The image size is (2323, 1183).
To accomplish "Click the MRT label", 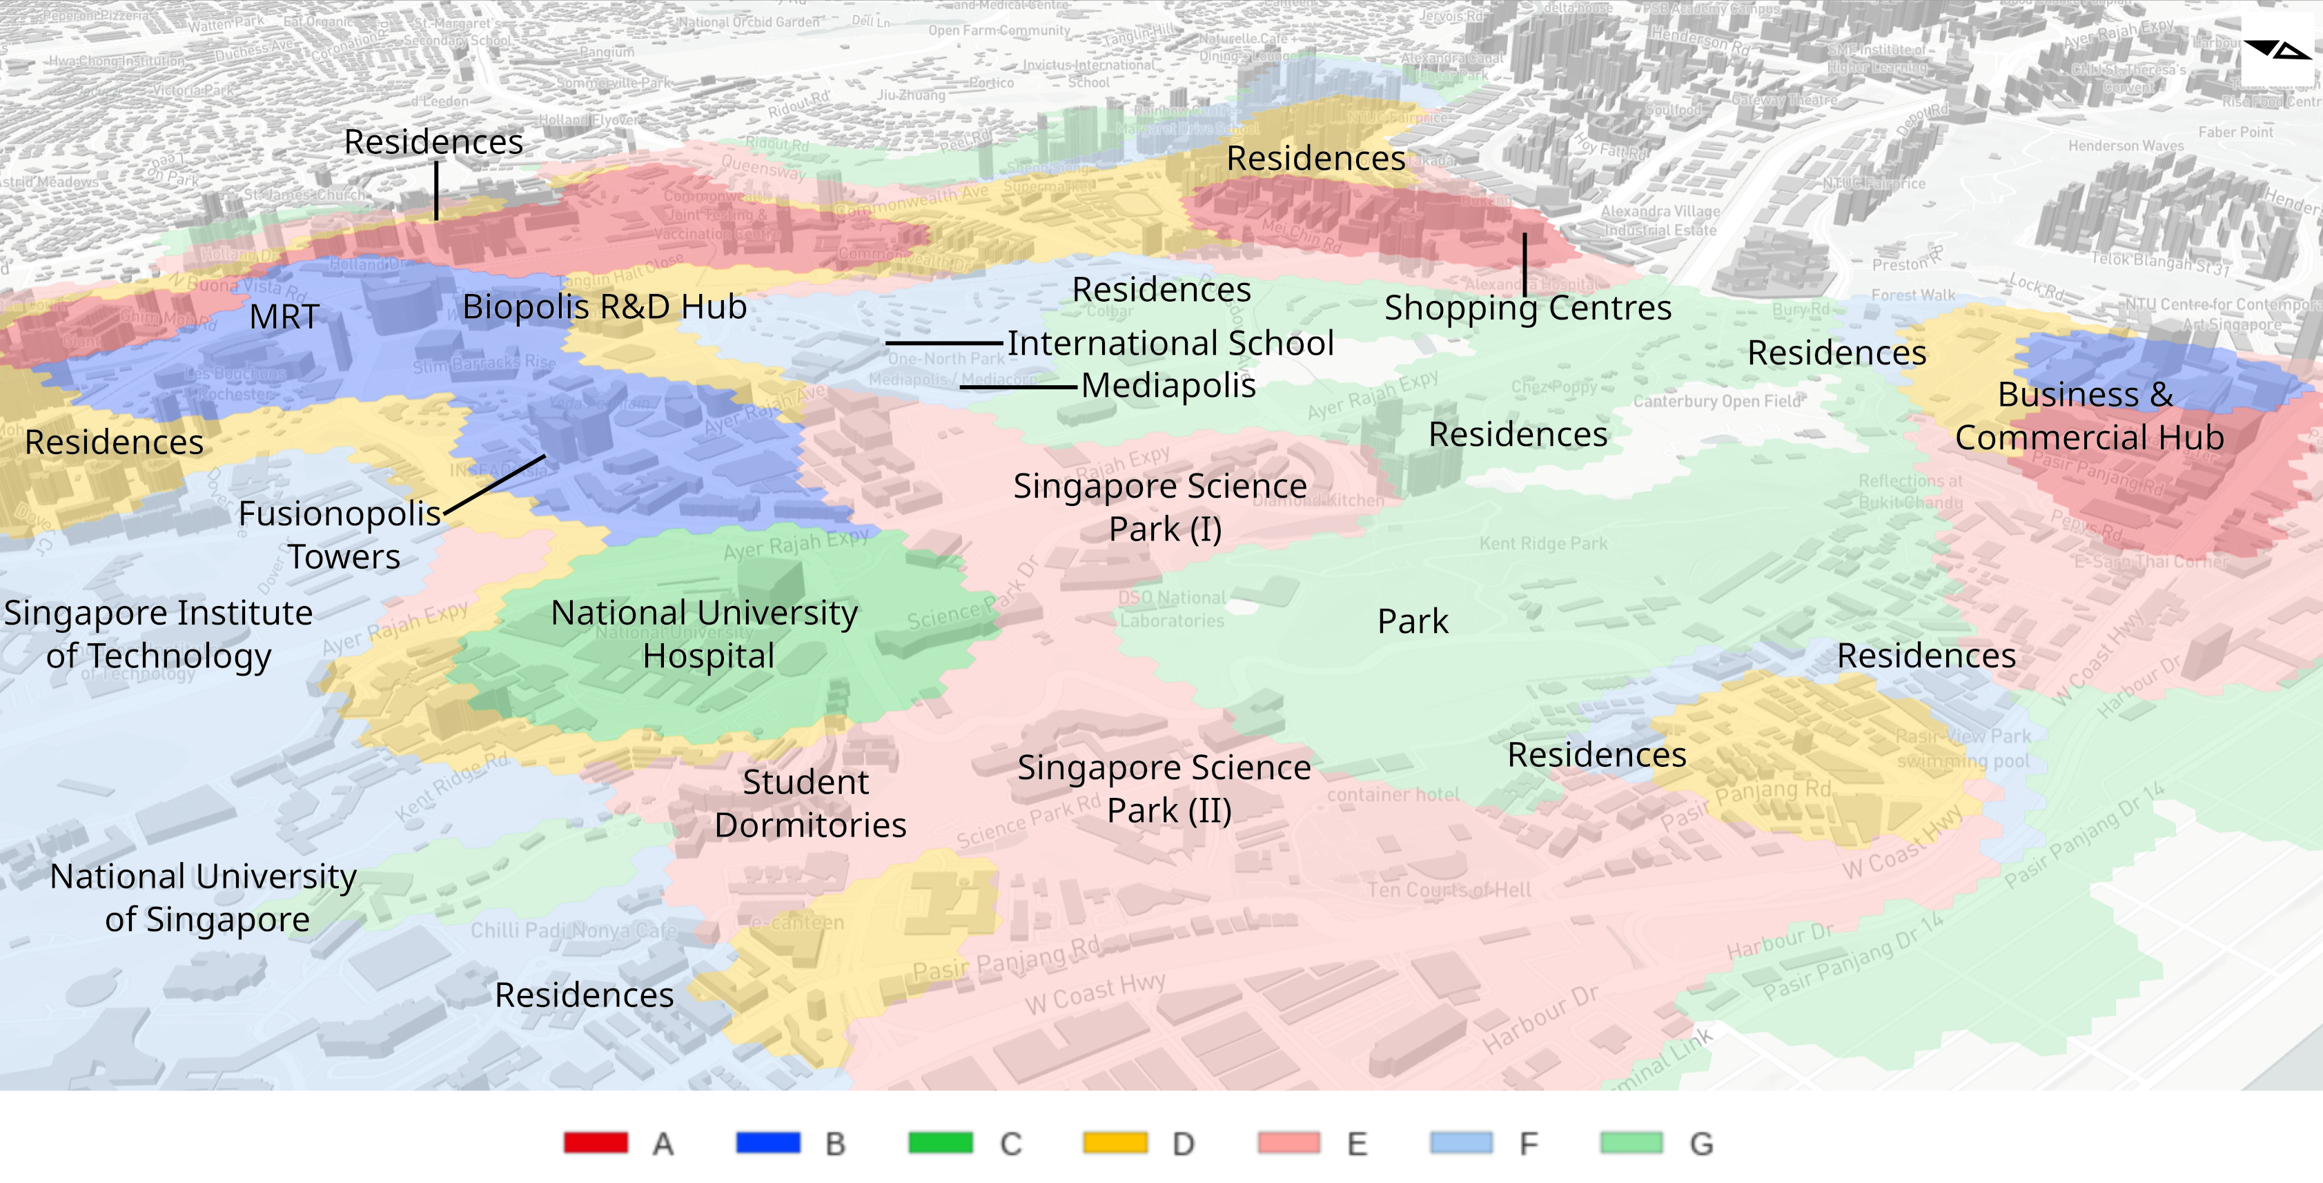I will click(x=284, y=317).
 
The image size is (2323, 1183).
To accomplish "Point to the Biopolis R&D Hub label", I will click(x=604, y=307).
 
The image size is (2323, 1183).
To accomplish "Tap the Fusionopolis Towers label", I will click(x=341, y=535).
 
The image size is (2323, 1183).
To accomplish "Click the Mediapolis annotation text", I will click(x=1168, y=386).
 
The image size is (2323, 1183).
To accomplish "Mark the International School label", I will click(x=1170, y=344).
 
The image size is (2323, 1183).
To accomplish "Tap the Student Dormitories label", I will click(x=809, y=803).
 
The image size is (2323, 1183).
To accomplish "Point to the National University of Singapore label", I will click(x=205, y=897).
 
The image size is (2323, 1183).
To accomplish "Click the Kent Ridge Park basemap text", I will click(x=1543, y=544).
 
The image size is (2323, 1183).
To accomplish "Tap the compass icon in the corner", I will click(x=2276, y=50).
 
